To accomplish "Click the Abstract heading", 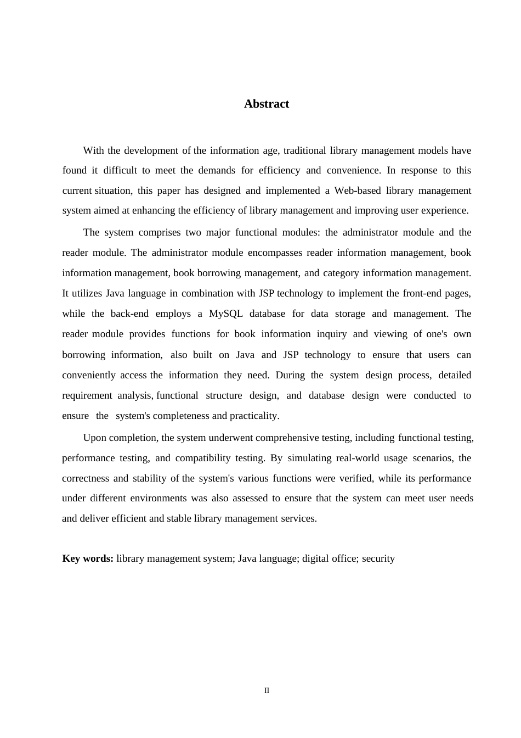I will coord(267,104).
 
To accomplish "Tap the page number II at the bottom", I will coord(267,690).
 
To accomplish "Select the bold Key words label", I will coord(88,558).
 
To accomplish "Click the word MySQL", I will coord(226,314).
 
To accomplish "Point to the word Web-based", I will coord(358,191).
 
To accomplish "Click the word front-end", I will coord(422,293).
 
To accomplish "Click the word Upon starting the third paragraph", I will coord(95,438).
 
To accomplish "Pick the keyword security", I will coord(378,558).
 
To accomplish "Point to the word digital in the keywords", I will coord(314,558).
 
